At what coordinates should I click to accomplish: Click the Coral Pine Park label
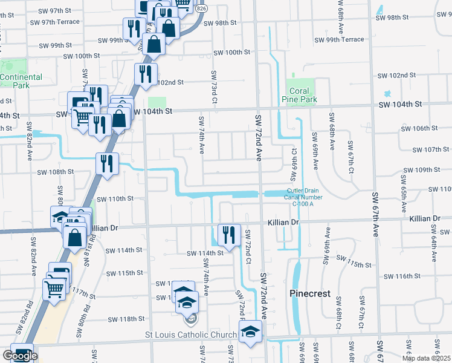click(300, 95)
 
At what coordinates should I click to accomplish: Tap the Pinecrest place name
click(310, 293)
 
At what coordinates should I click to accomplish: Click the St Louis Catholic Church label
click(191, 335)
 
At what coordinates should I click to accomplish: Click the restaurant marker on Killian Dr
click(229, 234)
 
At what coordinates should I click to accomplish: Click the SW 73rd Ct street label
click(214, 86)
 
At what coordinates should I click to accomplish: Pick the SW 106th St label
click(421, 128)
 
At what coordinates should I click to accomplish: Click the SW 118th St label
click(125, 319)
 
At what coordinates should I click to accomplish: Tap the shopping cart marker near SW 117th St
click(55, 289)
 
